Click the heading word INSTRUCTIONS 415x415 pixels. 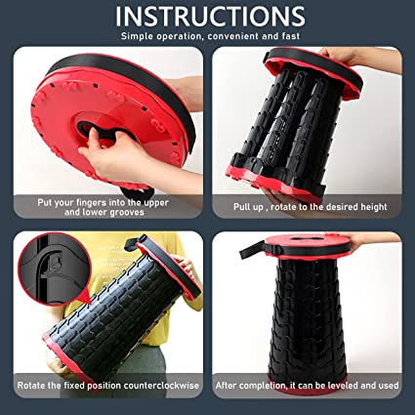[x=210, y=16]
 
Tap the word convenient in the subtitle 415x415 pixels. [x=232, y=36]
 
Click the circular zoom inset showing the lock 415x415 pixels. [x=54, y=270]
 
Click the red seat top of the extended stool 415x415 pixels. [x=307, y=240]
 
